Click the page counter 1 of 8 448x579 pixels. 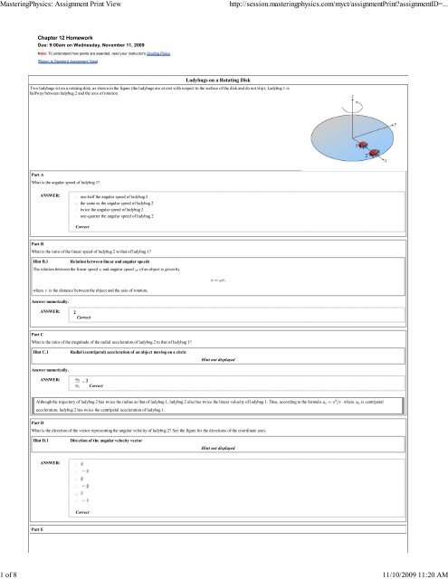coord(12,571)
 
